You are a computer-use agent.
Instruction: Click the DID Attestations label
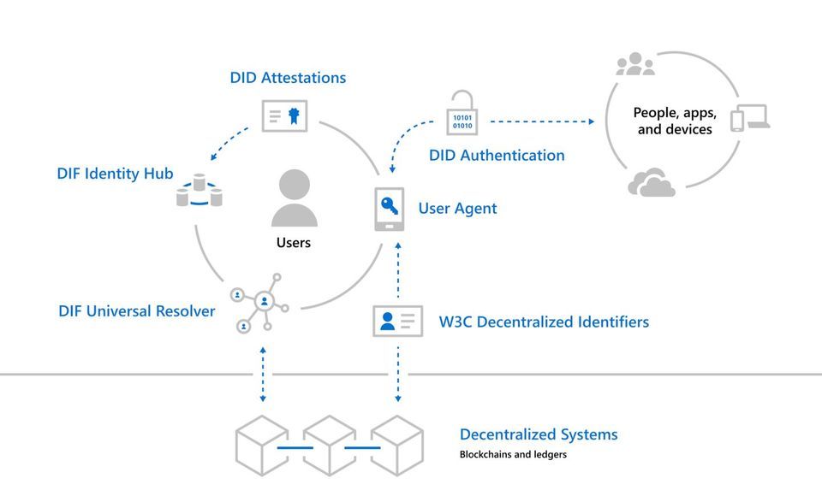288,78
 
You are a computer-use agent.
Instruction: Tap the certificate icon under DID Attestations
284,115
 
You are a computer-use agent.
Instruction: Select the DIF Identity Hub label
116,174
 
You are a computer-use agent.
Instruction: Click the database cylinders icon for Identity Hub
199,191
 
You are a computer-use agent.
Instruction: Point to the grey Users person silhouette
294,198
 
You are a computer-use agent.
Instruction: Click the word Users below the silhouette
294,243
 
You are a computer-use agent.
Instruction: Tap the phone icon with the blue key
390,210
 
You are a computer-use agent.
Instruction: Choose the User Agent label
457,209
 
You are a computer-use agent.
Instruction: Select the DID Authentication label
497,156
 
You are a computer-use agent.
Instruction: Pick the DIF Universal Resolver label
137,311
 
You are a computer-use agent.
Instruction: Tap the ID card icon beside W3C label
397,321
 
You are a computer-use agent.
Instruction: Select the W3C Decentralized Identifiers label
544,322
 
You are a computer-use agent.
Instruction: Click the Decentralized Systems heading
539,434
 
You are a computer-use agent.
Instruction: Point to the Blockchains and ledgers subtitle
513,455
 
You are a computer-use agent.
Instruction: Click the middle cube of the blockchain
330,446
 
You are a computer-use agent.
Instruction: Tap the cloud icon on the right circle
652,183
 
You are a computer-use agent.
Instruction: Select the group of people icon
635,64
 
